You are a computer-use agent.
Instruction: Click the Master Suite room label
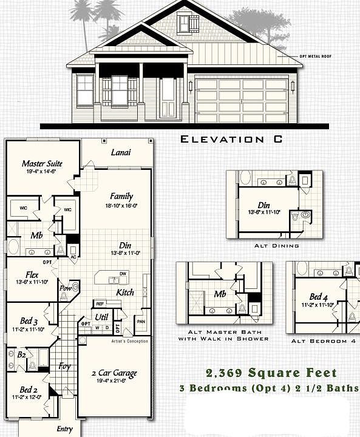point(42,163)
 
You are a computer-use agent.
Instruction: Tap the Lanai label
point(120,152)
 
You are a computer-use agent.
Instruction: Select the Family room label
point(121,196)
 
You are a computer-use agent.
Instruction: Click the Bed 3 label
point(29,322)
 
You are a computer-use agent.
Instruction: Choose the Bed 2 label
point(29,389)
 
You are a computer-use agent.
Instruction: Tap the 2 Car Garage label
point(114,373)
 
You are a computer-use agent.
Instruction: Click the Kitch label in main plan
point(124,293)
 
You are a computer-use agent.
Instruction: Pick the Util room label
point(101,317)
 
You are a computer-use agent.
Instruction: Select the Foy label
point(64,366)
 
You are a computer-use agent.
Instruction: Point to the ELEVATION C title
point(231,140)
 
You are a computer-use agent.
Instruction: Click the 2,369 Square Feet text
point(280,373)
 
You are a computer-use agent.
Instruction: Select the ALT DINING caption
point(277,246)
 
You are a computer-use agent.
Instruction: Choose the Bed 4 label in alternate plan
point(319,296)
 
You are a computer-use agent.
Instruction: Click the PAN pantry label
point(141,321)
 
